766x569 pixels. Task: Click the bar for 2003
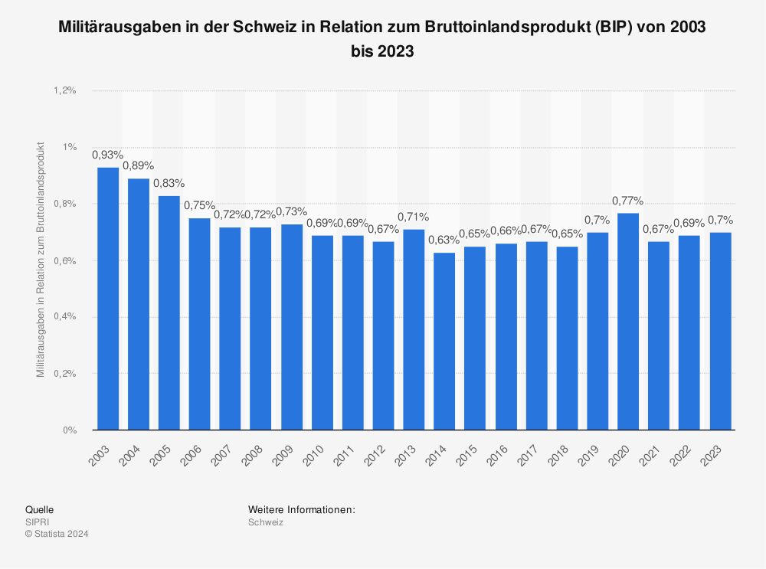(107, 299)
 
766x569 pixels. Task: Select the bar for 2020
(628, 322)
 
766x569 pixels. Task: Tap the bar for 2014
(444, 342)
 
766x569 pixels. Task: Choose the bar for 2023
(720, 331)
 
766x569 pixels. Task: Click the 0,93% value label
(107, 155)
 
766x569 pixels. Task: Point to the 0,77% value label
(628, 201)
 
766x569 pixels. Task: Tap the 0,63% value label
(444, 240)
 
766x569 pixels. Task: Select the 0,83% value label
(169, 183)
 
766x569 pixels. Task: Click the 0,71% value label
(414, 217)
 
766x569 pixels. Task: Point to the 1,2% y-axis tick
(65, 90)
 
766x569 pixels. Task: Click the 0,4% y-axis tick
(65, 317)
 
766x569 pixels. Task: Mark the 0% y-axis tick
(70, 430)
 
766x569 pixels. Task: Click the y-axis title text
(41, 259)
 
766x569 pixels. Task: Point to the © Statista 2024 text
(57, 535)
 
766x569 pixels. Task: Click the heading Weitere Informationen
(302, 509)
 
